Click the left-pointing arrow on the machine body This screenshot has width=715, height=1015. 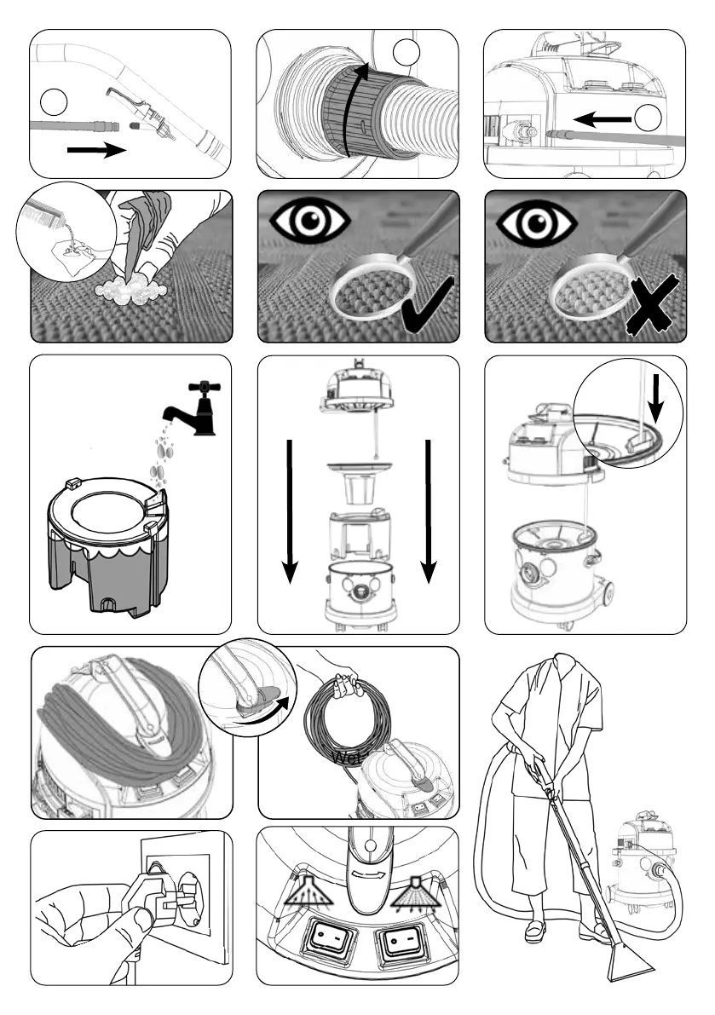602,120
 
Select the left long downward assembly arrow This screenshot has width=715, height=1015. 290,511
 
